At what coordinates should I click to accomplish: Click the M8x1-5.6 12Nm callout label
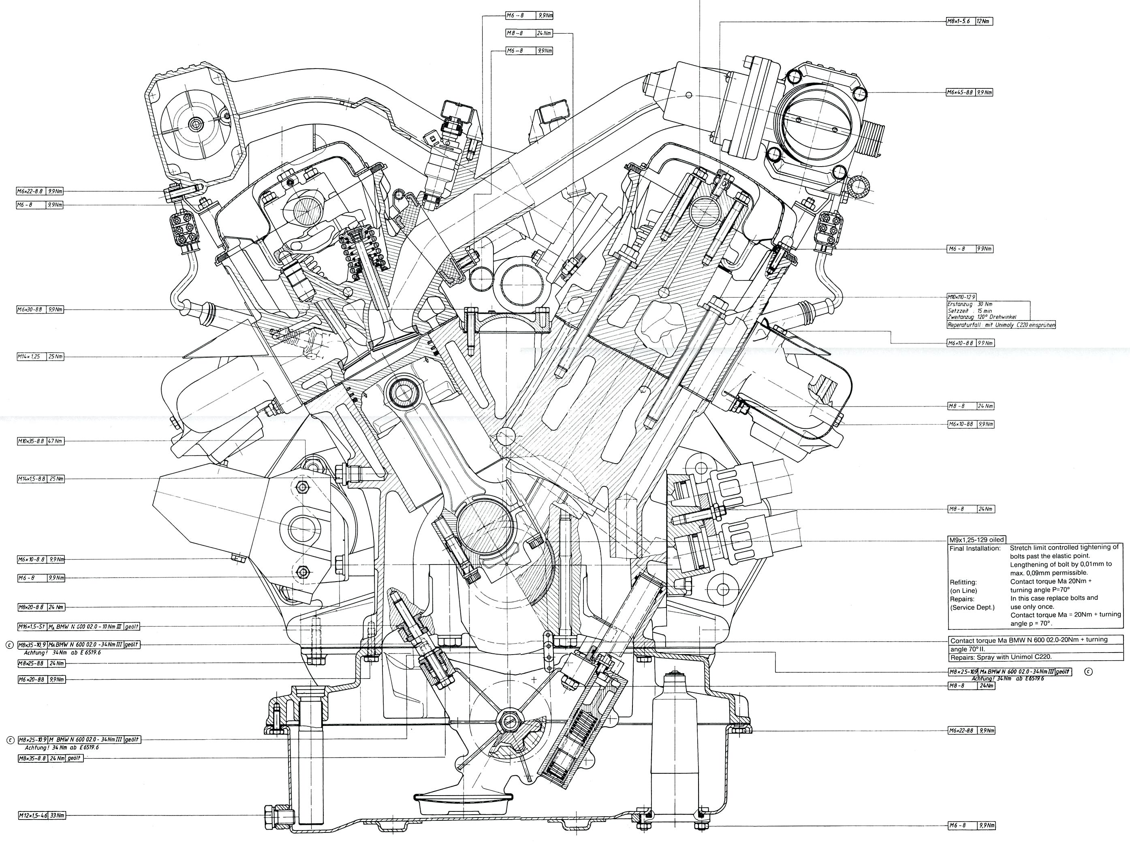969,21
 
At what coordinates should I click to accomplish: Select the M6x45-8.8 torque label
969,92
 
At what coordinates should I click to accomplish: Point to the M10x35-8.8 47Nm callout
41,441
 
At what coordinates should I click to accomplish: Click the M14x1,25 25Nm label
41,356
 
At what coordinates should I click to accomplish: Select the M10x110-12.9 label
961,296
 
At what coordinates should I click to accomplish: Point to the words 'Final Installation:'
975,548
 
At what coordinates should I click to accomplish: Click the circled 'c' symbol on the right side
1088,672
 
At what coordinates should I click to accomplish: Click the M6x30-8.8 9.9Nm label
41,310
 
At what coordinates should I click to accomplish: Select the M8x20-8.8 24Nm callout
41,608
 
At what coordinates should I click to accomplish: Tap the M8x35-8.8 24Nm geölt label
50,758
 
